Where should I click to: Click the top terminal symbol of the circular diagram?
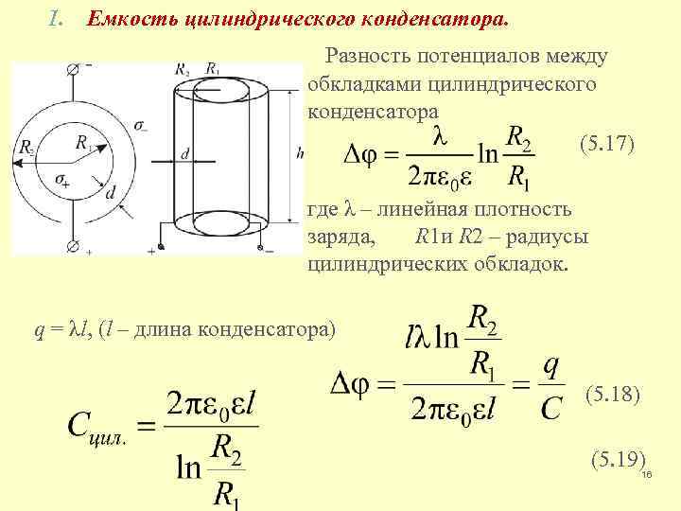click(73, 69)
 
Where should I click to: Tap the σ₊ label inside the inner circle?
click(65, 180)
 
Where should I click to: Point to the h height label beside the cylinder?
click(299, 152)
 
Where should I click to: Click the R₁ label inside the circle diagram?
click(84, 143)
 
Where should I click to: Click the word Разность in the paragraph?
click(367, 56)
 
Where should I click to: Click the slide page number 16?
click(648, 476)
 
